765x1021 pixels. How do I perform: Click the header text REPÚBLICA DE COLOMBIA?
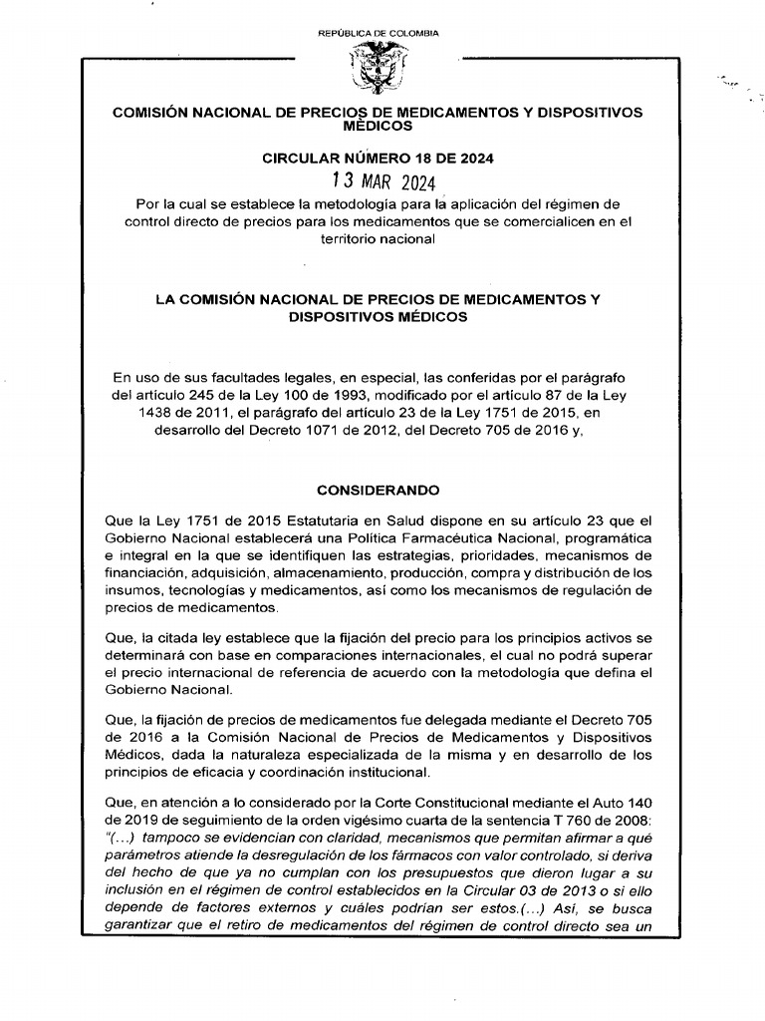[378, 34]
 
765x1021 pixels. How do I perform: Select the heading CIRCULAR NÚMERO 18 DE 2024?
[378, 159]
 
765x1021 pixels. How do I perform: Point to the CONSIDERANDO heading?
[378, 491]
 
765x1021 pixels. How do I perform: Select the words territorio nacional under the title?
[378, 240]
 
